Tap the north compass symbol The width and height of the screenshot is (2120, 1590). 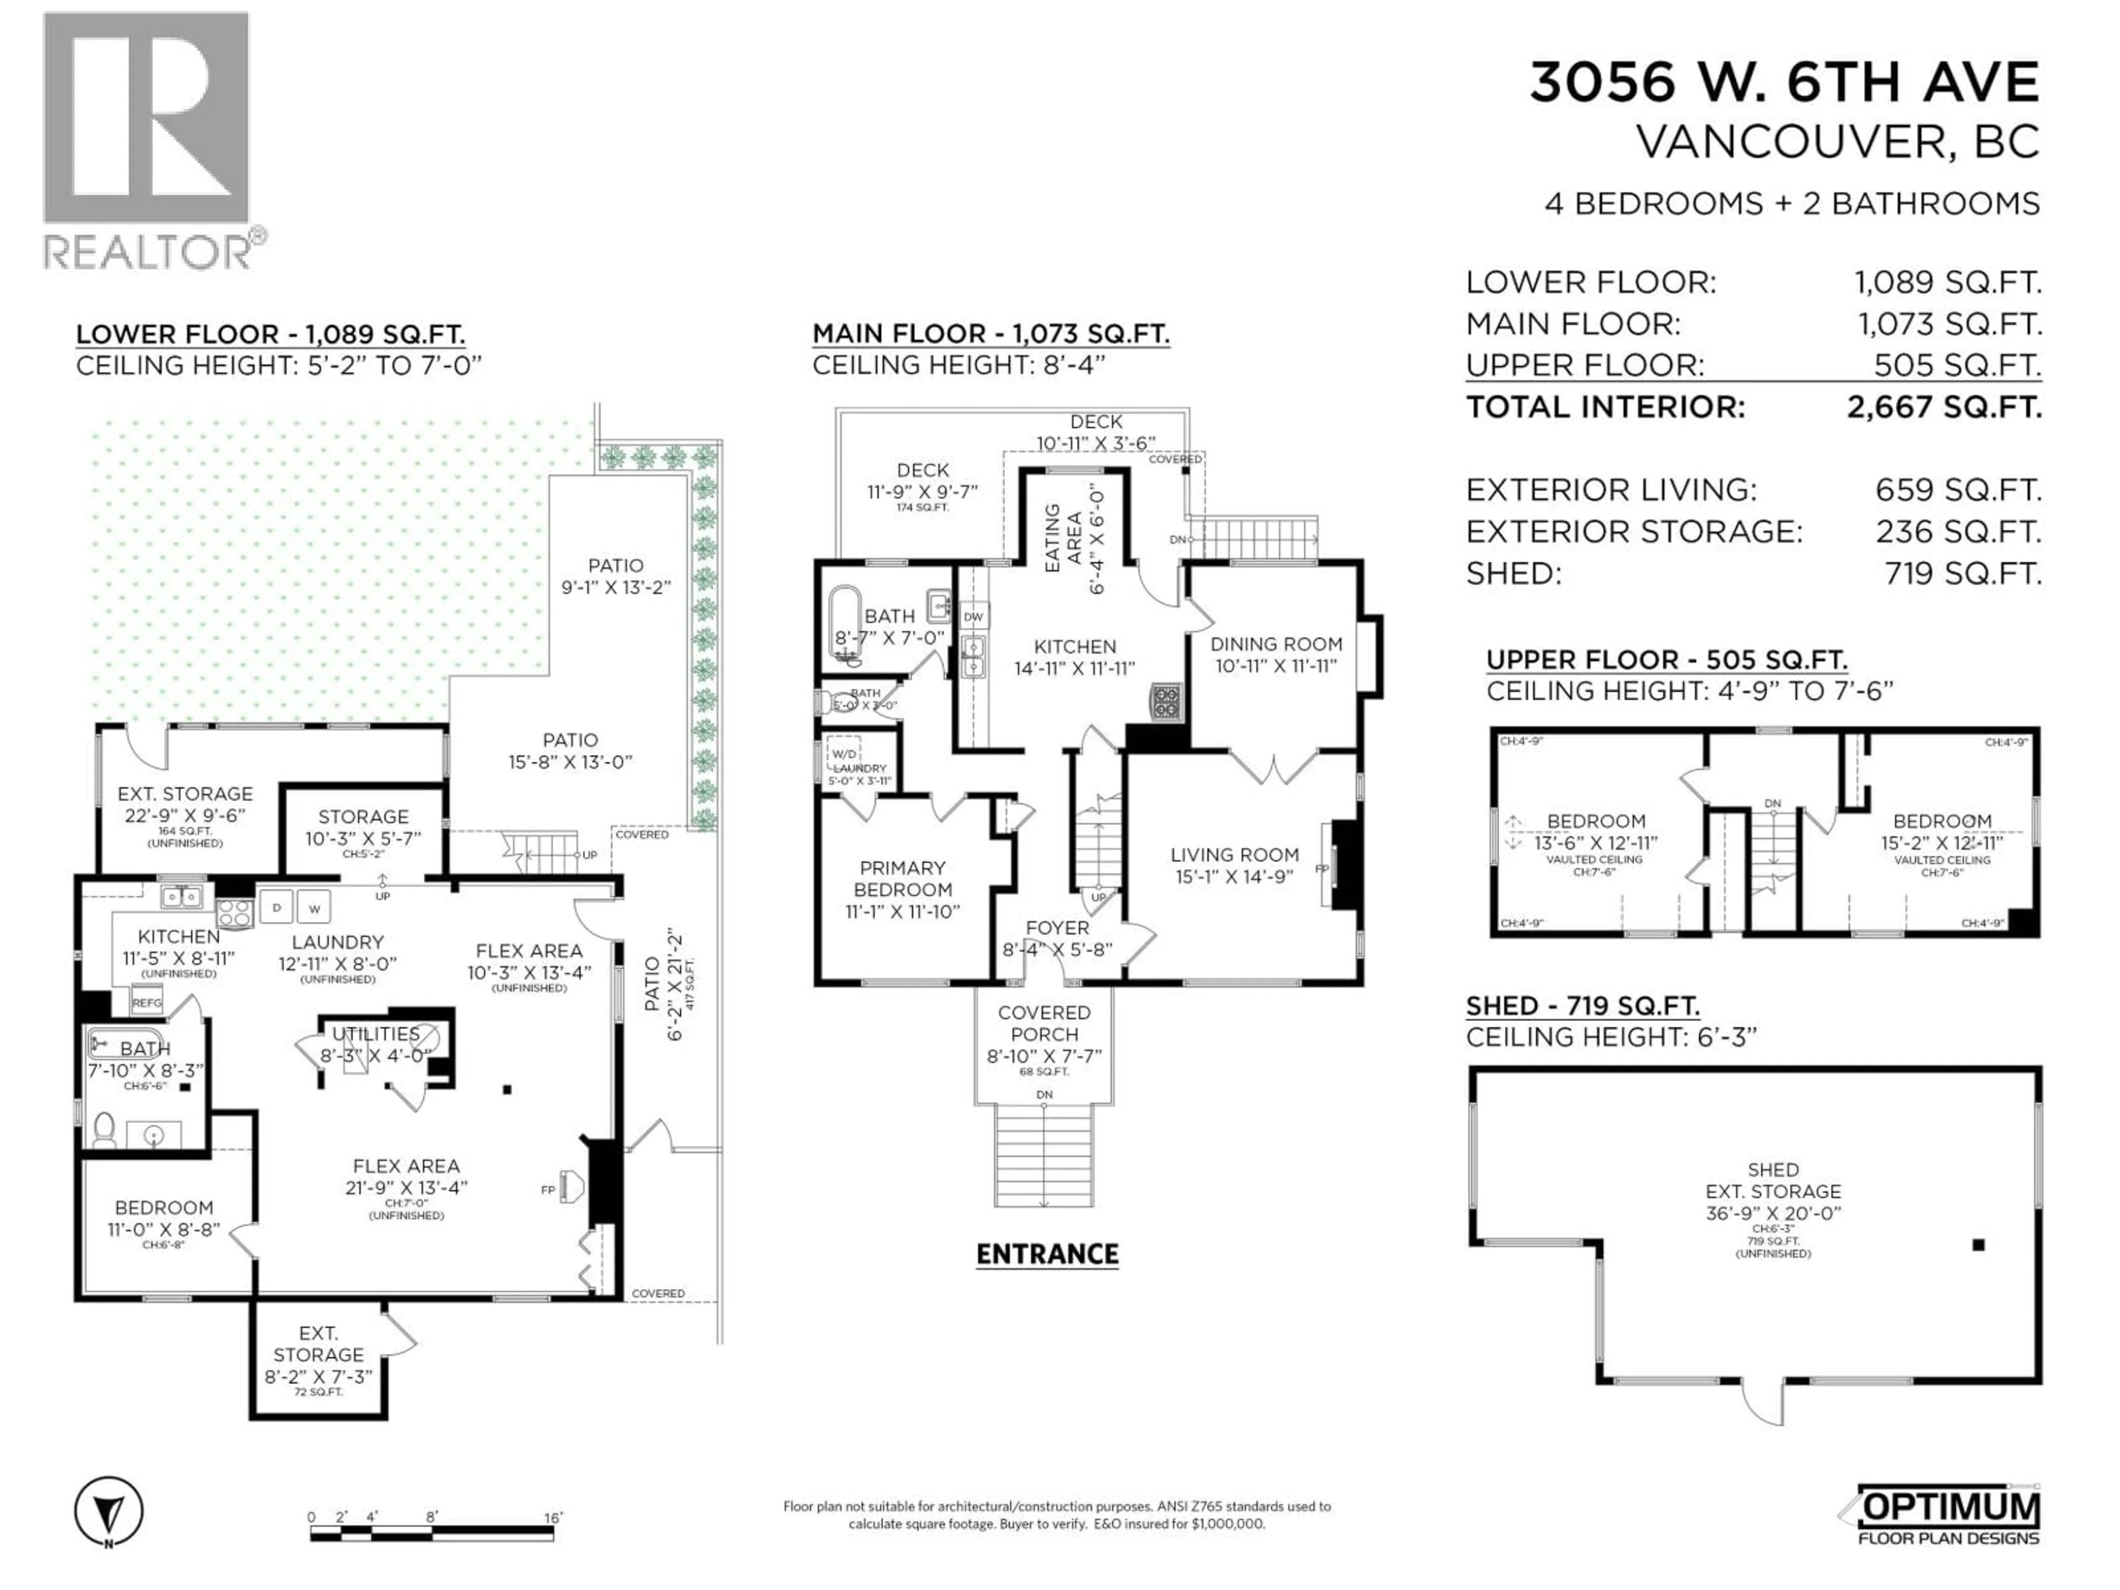click(x=109, y=1512)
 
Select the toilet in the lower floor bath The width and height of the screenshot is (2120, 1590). click(x=104, y=1129)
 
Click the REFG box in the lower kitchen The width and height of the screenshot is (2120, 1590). click(x=147, y=1003)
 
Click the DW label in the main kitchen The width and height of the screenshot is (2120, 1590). click(x=974, y=616)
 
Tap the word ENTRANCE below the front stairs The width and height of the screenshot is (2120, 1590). click(x=1047, y=1254)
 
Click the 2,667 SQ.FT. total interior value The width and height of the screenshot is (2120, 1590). click(x=1944, y=407)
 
